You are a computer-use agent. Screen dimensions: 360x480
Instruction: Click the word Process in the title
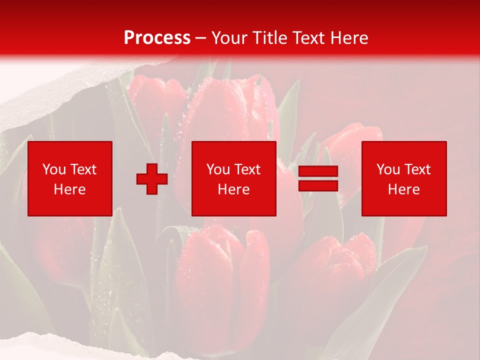[x=157, y=38]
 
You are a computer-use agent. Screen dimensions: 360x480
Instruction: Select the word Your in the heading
[x=228, y=38]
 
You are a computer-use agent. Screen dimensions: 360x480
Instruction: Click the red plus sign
[x=152, y=179]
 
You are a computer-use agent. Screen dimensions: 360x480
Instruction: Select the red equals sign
[x=318, y=178]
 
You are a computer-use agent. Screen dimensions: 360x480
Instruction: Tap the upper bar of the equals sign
[x=318, y=171]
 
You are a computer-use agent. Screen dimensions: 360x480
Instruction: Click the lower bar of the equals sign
[x=318, y=185]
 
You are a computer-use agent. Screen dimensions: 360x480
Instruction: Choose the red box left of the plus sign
[x=70, y=178]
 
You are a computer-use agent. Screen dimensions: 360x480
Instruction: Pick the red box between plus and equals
[x=234, y=178]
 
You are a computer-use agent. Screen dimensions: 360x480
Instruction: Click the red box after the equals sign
[x=404, y=178]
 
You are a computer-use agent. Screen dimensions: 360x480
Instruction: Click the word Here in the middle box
[x=234, y=189]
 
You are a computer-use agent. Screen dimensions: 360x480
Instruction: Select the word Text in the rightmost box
[x=417, y=169]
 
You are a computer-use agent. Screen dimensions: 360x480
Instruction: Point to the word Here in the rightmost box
[x=404, y=189]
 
